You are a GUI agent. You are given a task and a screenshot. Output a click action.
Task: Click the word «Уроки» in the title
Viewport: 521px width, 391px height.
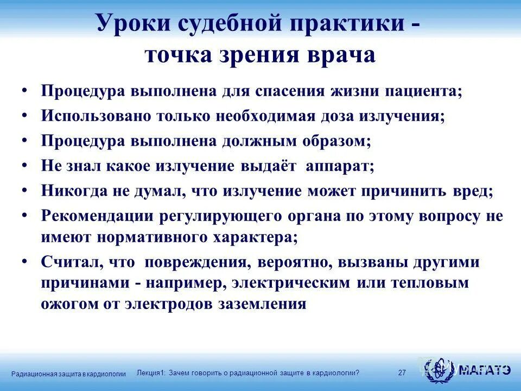point(125,24)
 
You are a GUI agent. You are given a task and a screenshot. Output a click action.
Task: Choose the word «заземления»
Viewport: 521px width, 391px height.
point(263,304)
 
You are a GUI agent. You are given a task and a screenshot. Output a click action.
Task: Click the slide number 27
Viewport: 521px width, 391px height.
point(402,373)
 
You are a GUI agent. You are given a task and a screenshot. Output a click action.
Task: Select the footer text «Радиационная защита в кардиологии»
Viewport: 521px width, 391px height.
point(68,374)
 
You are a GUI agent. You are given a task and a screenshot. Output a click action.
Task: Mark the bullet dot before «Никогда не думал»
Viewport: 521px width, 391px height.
point(25,190)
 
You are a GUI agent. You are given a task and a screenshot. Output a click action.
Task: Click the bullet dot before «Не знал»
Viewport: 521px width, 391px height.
point(25,165)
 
